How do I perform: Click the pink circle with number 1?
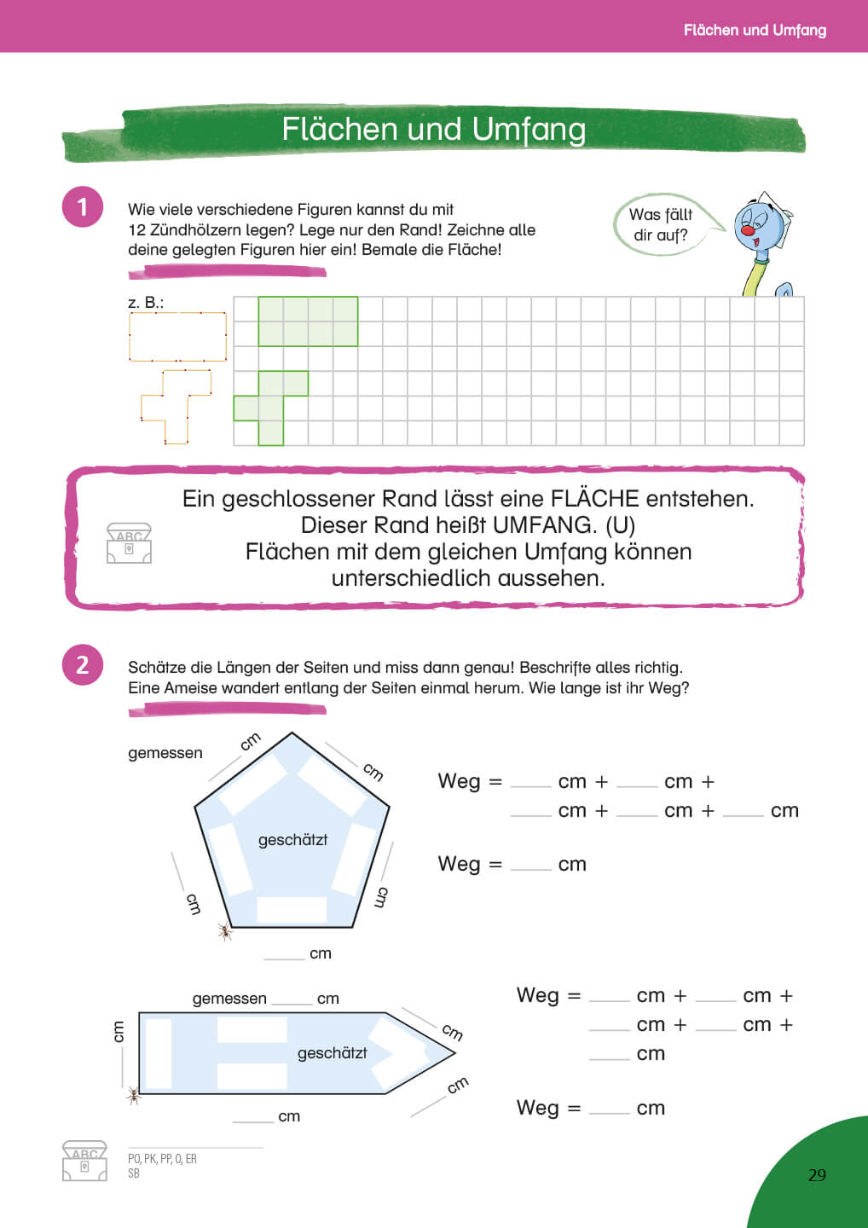pyautogui.click(x=83, y=207)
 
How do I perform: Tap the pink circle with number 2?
pyautogui.click(x=83, y=665)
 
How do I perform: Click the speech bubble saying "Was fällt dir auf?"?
pyautogui.click(x=661, y=224)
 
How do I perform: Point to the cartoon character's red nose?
pyautogui.click(x=748, y=230)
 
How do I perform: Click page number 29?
pyautogui.click(x=817, y=1175)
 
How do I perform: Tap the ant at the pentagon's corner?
pyautogui.click(x=225, y=931)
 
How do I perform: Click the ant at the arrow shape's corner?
pyautogui.click(x=134, y=1095)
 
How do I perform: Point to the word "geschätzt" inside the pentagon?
pyautogui.click(x=292, y=840)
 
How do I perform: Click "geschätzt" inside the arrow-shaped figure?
pyautogui.click(x=332, y=1053)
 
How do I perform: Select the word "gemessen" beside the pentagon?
pyautogui.click(x=165, y=753)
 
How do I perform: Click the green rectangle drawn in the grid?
pyautogui.click(x=308, y=321)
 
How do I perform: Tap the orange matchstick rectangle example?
pyautogui.click(x=177, y=337)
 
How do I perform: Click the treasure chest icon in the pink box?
pyautogui.click(x=129, y=543)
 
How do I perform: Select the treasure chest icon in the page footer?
pyautogui.click(x=84, y=1161)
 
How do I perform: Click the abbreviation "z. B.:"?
pyautogui.click(x=145, y=303)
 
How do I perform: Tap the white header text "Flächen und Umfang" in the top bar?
pyautogui.click(x=754, y=30)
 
